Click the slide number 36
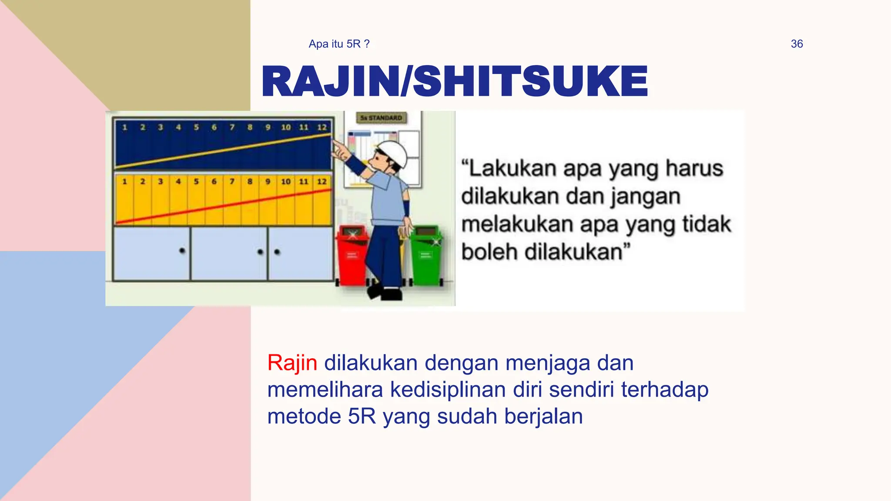[x=797, y=44]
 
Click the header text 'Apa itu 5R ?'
[x=339, y=44]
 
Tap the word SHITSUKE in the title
[x=530, y=81]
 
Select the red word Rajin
[x=292, y=363]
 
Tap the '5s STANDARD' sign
[x=382, y=118]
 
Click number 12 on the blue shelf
[x=322, y=127]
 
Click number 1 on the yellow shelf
[x=124, y=181]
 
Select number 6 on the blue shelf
[x=214, y=127]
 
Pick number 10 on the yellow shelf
[x=286, y=181]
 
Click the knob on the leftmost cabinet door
[x=182, y=250]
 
